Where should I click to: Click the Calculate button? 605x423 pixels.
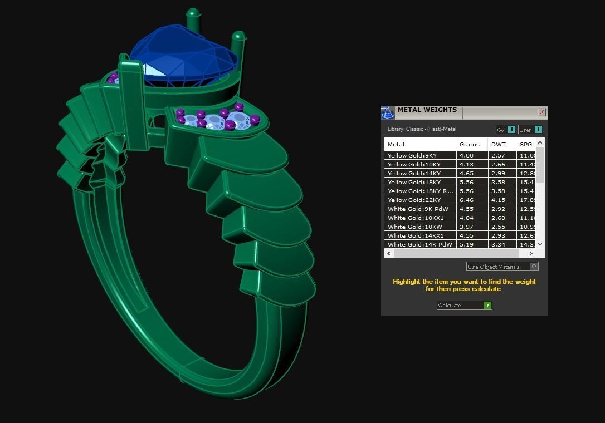click(464, 305)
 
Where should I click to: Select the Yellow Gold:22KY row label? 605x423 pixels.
click(414, 200)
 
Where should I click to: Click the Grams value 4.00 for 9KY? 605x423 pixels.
click(466, 155)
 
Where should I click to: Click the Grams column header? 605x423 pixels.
click(469, 144)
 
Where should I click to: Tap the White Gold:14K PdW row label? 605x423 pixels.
click(419, 244)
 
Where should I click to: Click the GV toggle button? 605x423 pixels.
click(506, 130)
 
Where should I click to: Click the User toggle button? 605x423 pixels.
click(530, 130)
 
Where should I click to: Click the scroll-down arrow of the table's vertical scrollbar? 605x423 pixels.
click(540, 244)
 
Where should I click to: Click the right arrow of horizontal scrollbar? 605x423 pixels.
click(530, 253)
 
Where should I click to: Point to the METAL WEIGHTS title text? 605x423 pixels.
click(427, 110)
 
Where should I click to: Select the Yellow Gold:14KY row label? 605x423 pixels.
click(414, 173)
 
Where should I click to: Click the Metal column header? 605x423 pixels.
click(396, 144)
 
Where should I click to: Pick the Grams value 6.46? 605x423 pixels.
click(466, 200)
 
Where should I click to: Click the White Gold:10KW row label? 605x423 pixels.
click(415, 227)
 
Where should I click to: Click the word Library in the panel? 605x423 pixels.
click(396, 129)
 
